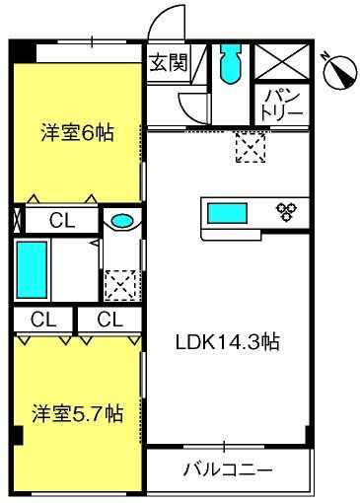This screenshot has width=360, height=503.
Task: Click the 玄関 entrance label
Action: pos(169,62)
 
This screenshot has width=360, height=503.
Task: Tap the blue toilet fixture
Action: pos(231,62)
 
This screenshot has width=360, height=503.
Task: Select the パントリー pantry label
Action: pos(282,105)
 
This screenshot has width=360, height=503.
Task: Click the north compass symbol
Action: pos(340,71)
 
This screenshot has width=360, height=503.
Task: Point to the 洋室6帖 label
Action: pos(78,133)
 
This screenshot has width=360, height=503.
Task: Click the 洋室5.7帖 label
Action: pos(78,413)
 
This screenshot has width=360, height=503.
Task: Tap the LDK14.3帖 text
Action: pos(228,342)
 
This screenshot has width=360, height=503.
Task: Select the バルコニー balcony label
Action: pos(228,469)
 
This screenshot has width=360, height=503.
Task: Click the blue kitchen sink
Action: pos(227,213)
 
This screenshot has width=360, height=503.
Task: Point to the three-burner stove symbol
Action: pos(286,212)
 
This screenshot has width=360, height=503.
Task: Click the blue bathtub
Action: pos(32,270)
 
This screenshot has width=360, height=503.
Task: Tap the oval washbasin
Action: pos(122,220)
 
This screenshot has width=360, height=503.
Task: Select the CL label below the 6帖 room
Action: pos(62,220)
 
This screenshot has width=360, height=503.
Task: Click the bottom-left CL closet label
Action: pos(43,319)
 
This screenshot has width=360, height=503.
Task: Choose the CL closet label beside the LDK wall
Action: pos(110,319)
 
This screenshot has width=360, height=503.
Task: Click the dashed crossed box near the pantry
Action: pos(251,147)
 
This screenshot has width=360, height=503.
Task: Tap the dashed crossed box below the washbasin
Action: pos(120,285)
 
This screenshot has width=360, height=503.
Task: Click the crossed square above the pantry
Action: pos(282,61)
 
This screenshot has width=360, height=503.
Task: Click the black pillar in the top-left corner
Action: pos(23,51)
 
